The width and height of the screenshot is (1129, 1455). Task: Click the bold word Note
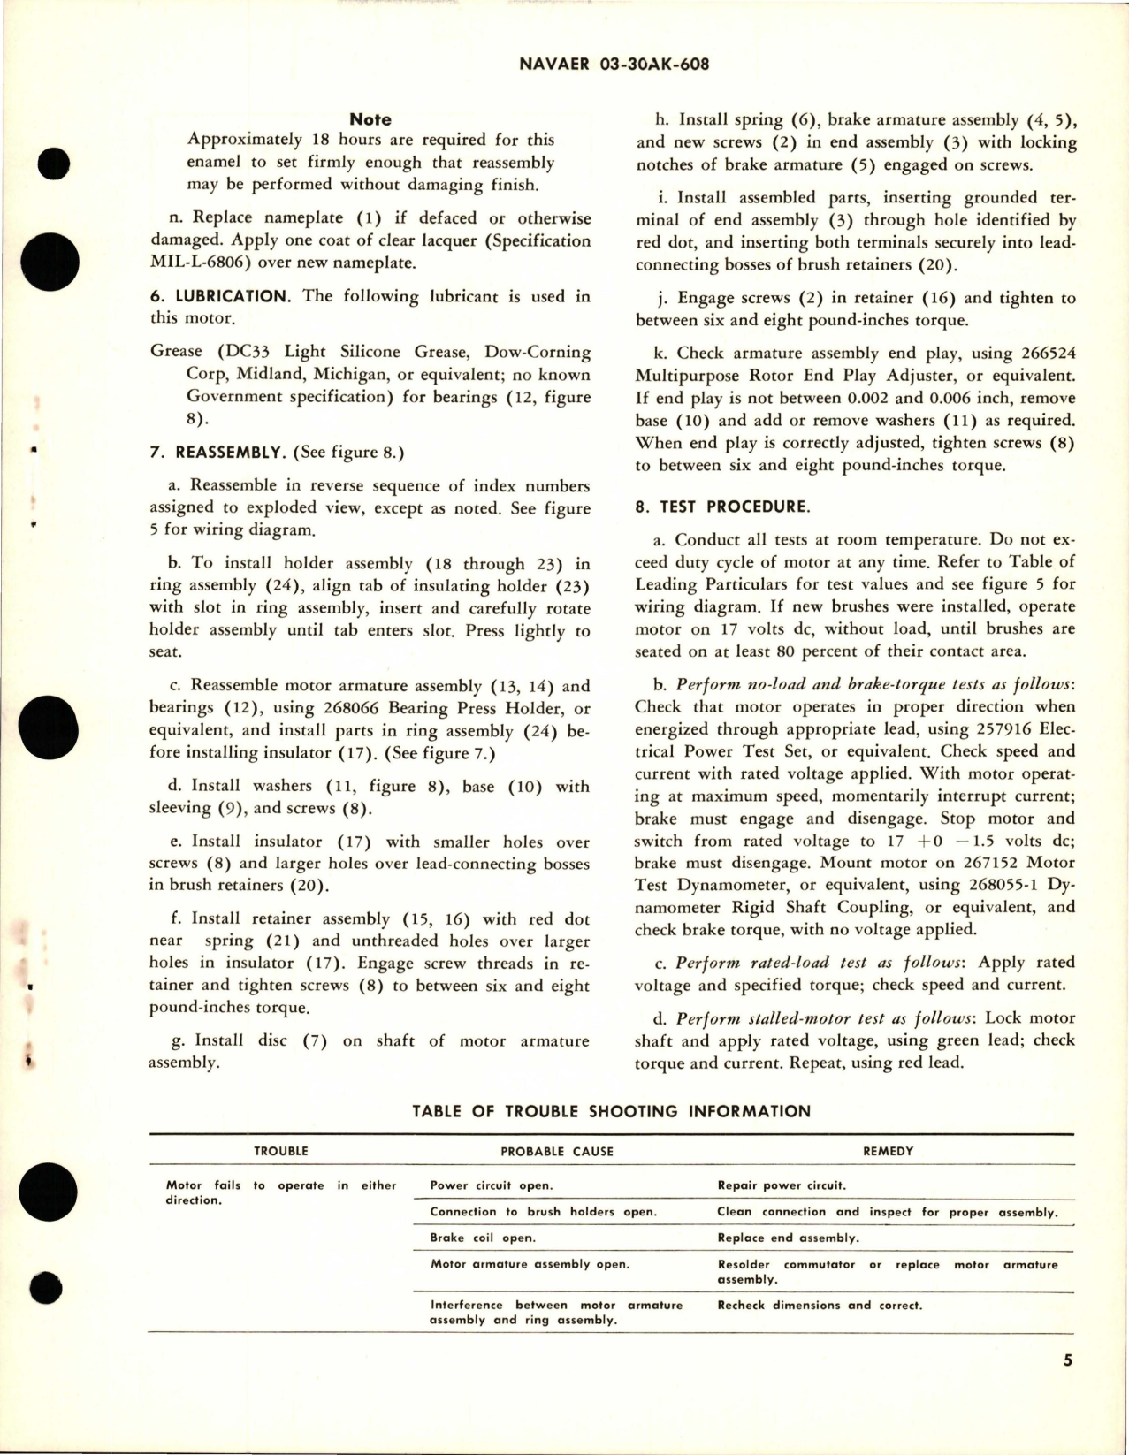click(370, 119)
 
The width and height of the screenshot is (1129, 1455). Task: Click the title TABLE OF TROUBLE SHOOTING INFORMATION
click(611, 1111)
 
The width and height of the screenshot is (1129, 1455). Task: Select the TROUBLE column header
click(281, 1152)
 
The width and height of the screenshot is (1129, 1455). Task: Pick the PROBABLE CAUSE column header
click(557, 1152)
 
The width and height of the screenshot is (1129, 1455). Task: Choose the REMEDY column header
click(889, 1152)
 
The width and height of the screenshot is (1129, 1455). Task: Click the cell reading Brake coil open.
click(483, 1238)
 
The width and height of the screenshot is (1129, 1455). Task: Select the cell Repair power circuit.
click(782, 1186)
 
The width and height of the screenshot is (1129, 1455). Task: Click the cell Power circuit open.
click(491, 1186)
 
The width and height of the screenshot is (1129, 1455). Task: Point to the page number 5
click(1068, 1385)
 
